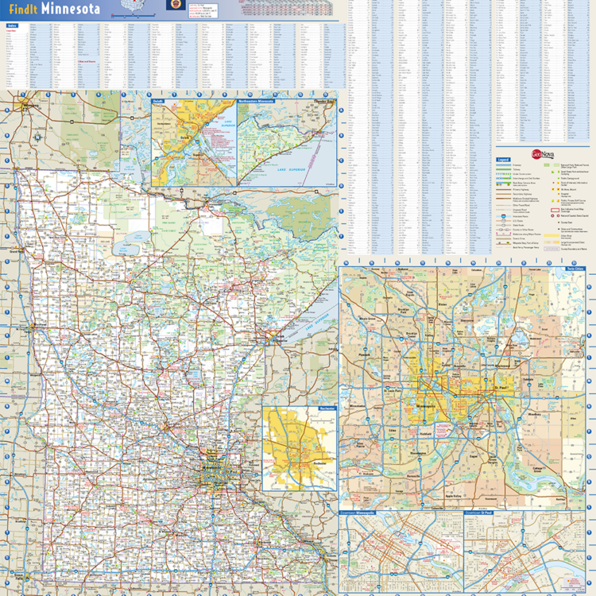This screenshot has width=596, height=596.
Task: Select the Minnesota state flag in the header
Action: click(173, 5)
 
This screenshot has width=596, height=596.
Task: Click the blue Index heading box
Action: click(12, 25)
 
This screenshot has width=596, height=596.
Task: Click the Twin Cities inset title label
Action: click(574, 269)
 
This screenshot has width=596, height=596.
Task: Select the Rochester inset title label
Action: click(325, 409)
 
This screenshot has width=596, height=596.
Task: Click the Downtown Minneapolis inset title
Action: click(358, 513)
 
